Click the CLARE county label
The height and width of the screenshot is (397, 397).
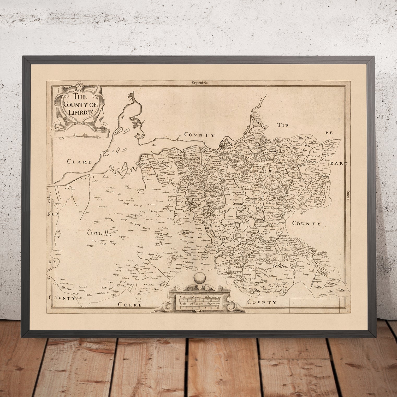(x=79, y=162)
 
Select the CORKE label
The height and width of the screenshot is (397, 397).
(x=130, y=304)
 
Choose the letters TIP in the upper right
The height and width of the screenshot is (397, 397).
(x=283, y=126)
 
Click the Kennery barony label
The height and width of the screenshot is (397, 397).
(x=165, y=164)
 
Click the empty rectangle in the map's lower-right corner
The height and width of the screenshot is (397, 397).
(x=315, y=305)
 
